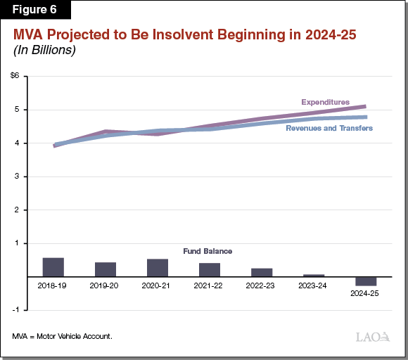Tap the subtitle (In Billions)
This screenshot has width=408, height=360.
[44, 51]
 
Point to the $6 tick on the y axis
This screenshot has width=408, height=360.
[15, 76]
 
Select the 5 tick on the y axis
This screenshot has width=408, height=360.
[17, 110]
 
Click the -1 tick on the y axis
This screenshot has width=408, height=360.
[15, 310]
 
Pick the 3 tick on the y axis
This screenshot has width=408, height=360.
[17, 176]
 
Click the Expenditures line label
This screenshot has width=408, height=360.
[325, 103]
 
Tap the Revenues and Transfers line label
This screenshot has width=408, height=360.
[329, 129]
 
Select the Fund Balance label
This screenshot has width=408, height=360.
[209, 251]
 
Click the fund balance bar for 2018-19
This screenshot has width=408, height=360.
[53, 267]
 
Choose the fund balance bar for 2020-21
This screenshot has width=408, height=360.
[158, 268]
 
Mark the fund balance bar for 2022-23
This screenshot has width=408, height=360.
[262, 272]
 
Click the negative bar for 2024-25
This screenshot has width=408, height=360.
[366, 281]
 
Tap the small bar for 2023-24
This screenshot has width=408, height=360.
[314, 276]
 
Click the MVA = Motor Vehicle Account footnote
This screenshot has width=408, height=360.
[62, 336]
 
